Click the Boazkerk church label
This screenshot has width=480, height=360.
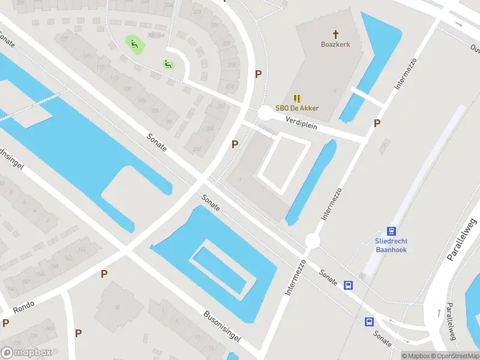[335, 44]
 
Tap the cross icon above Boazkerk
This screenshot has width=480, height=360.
[335, 34]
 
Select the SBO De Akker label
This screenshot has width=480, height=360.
[297, 108]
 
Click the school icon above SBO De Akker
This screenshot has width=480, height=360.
[296, 98]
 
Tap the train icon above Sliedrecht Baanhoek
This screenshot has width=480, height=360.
[392, 231]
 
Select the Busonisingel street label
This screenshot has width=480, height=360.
[222, 326]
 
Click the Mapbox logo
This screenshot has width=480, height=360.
[26, 353]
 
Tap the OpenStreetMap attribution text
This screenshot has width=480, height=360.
[454, 356]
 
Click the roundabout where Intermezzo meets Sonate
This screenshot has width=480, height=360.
[312, 241]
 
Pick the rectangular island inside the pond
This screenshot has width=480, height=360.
[218, 268]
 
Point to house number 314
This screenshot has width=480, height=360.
[230, 86]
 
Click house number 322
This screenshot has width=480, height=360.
[226, 43]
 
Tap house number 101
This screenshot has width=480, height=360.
[155, 110]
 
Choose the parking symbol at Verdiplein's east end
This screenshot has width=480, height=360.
[377, 124]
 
